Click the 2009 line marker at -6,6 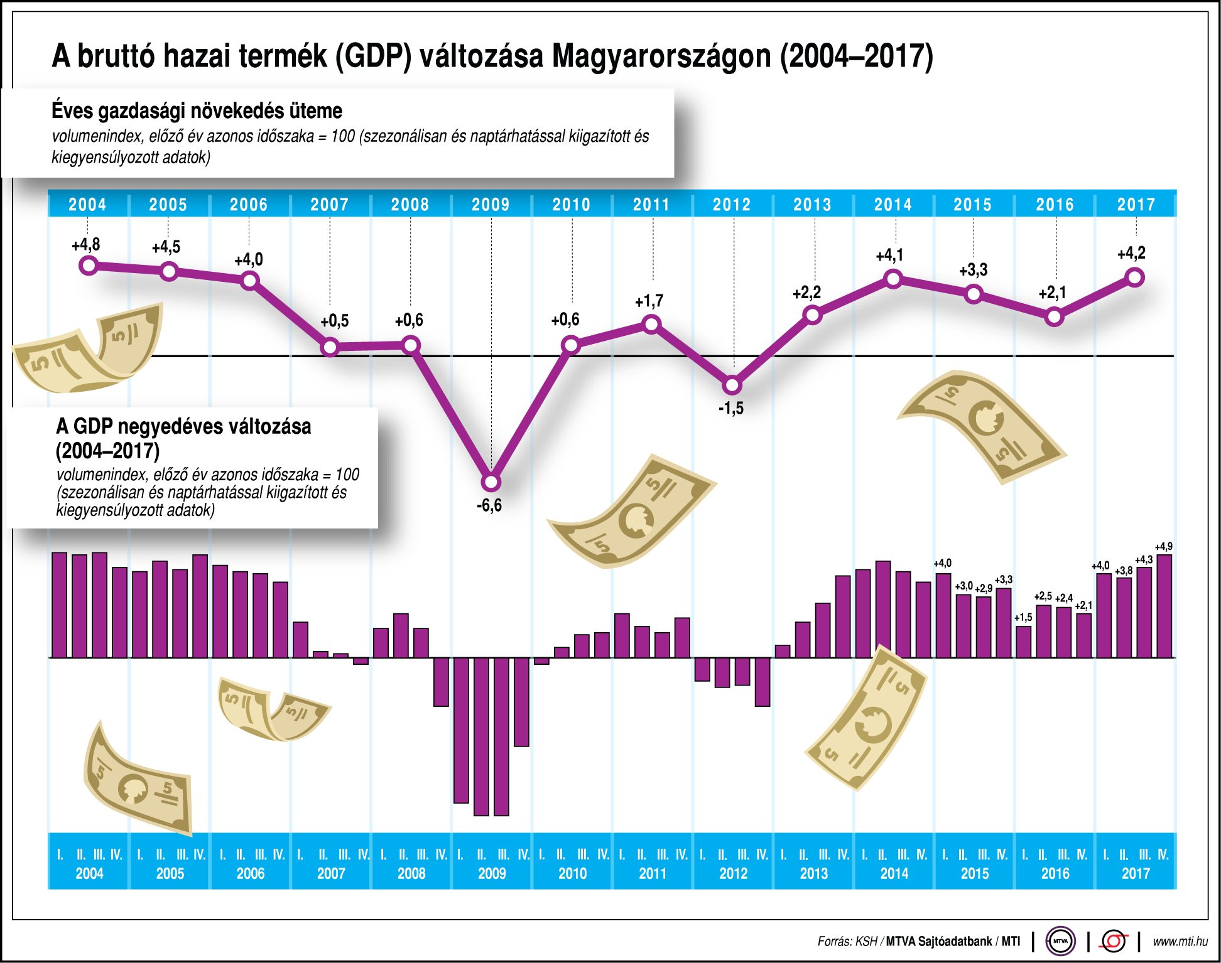491,482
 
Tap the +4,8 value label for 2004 86,245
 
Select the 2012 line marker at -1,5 732,385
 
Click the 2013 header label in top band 812,205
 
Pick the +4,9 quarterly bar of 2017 1164,605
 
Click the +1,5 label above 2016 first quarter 1023,618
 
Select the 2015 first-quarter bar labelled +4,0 943,615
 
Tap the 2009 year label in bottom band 492,873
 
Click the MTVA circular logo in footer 1060,941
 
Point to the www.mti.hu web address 1180,942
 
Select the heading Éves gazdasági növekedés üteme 197,111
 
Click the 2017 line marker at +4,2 1135,277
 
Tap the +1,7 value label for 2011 649,301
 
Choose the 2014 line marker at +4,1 893,279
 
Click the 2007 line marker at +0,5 330,347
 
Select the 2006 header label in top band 249,205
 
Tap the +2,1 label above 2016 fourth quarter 1083,606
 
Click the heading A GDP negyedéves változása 183,427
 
